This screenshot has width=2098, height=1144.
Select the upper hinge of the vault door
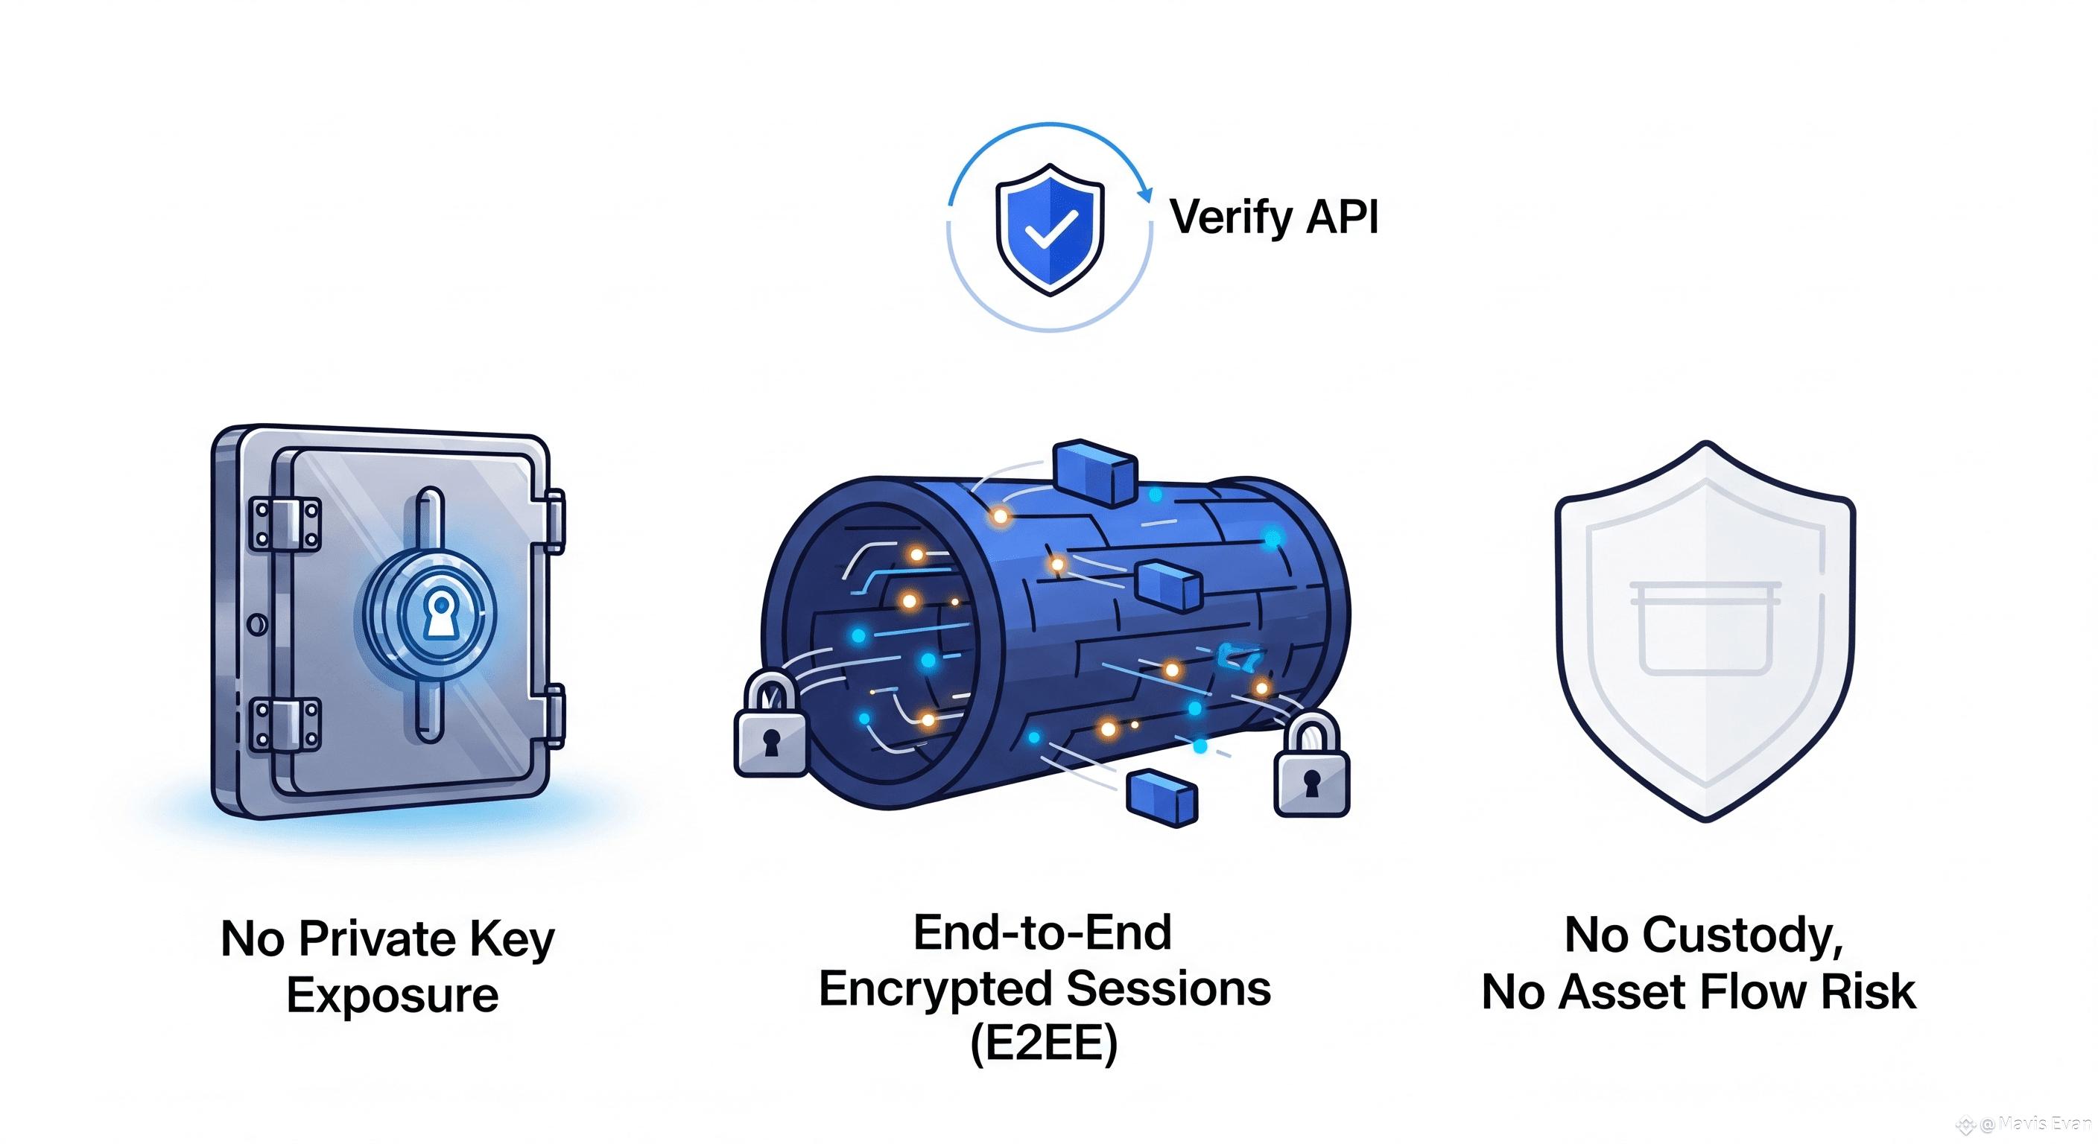point(285,524)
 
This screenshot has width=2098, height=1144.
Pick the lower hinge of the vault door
point(285,724)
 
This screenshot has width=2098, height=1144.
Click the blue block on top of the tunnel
point(1094,472)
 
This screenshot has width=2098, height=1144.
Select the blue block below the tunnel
point(1161,800)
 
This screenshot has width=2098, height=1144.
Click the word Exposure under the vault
point(393,996)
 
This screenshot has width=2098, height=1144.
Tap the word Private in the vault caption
point(377,939)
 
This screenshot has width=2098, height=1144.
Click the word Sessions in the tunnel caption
point(1169,988)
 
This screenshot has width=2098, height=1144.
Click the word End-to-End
point(1042,932)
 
